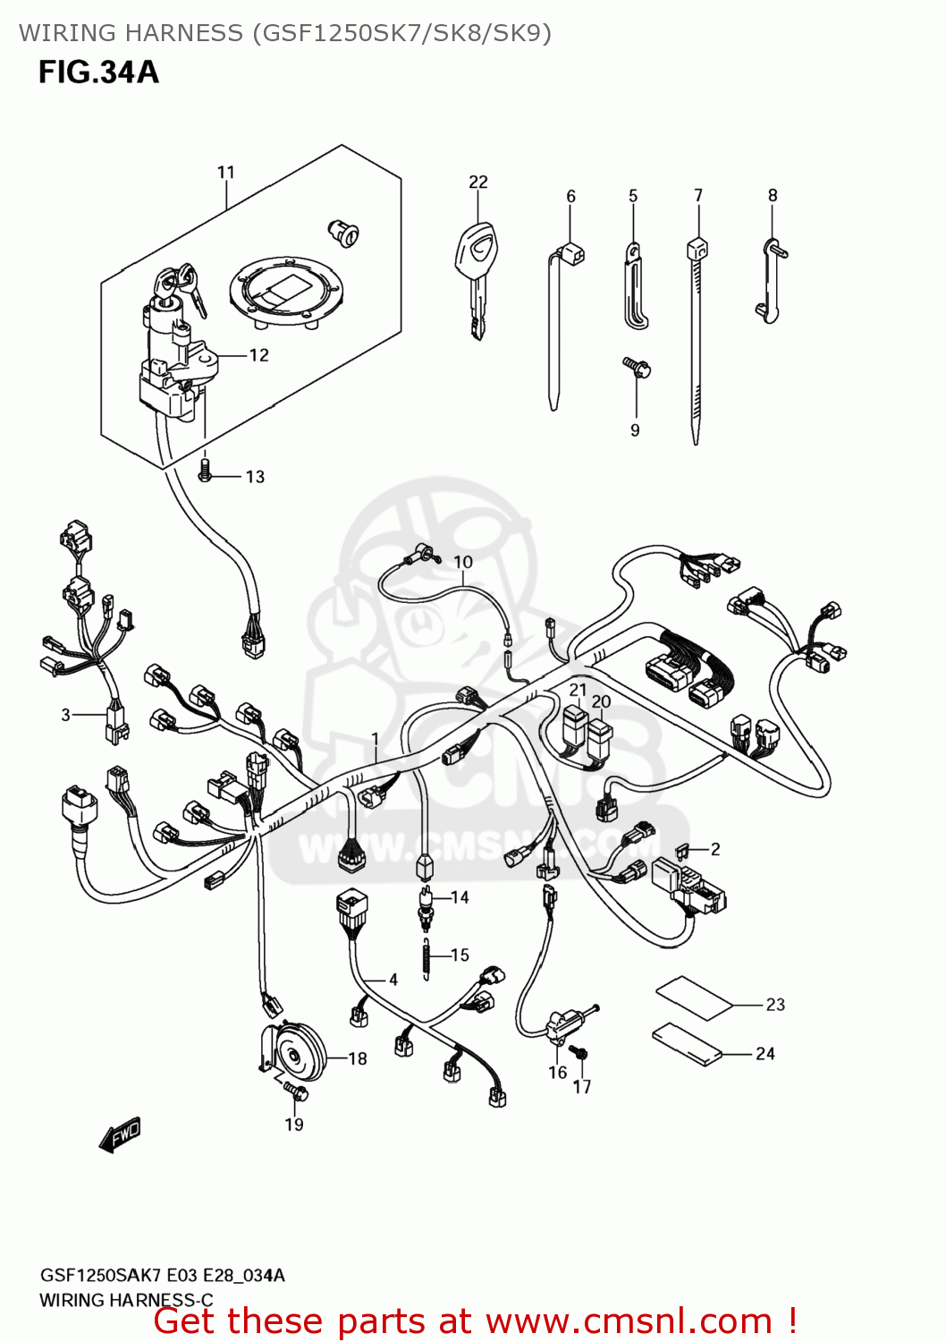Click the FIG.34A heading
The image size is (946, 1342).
98,72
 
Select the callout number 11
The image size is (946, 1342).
225,172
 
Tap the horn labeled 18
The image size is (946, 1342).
295,1051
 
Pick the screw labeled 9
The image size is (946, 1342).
637,367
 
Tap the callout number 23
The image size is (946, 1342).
775,1005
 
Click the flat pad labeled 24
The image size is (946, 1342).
688,1045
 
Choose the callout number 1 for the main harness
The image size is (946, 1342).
376,739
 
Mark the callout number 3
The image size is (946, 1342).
65,714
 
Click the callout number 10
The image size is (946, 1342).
462,562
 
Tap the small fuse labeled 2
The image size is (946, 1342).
684,848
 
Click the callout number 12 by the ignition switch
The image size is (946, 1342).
258,355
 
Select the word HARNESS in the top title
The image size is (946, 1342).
183,33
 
